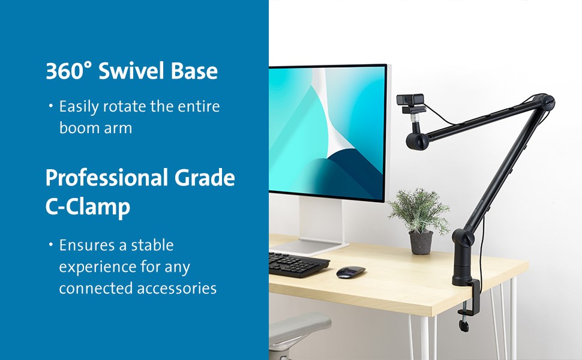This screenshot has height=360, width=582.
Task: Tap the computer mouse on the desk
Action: [351, 272]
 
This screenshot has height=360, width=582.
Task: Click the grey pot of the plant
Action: [421, 242]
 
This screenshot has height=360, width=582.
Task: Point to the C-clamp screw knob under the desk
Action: [464, 325]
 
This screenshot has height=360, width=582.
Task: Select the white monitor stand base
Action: [310, 247]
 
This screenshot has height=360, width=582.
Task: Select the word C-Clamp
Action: [88, 207]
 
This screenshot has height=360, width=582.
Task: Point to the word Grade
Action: [205, 178]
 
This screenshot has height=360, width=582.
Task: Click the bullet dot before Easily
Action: [51, 106]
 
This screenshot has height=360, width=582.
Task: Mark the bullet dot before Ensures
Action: [51, 245]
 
